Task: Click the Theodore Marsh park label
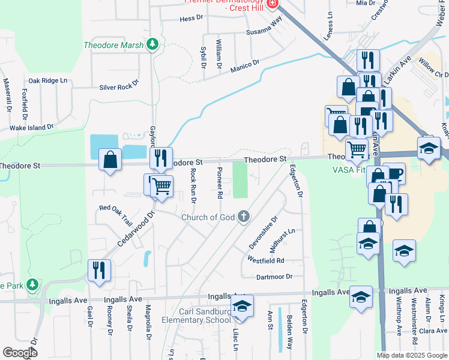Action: coord(113,45)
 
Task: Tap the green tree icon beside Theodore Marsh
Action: coord(153,44)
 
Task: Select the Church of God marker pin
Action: coord(244,216)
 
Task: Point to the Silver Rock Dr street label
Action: coord(119,87)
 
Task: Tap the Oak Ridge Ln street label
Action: coord(48,80)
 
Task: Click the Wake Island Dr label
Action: coord(32,127)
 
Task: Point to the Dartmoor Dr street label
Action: coord(274,277)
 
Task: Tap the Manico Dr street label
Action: coord(244,66)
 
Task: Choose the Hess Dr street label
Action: coord(191,19)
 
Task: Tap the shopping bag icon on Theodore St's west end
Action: coord(110,160)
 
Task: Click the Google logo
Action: coord(20,353)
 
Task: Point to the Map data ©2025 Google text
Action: coord(411,355)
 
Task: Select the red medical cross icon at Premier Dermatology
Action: coord(272,4)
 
